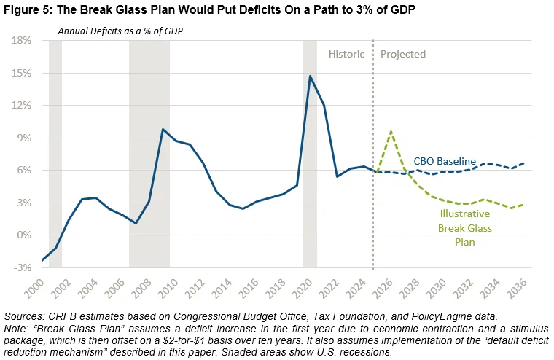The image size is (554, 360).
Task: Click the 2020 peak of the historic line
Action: (x=311, y=76)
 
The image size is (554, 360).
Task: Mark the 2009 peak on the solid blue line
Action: (x=163, y=129)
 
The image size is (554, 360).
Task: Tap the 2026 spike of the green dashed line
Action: (x=391, y=131)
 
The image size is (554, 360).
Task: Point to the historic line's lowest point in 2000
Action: (x=42, y=260)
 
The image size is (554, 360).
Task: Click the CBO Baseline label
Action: (x=445, y=161)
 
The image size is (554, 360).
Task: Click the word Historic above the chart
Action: (x=346, y=54)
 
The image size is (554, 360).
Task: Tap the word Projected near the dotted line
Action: (x=403, y=54)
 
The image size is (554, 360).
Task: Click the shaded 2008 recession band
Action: (x=149, y=153)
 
